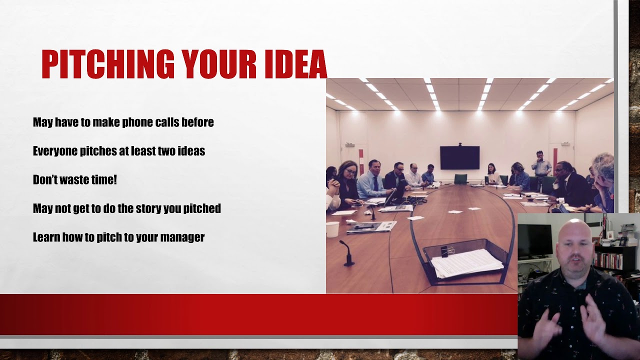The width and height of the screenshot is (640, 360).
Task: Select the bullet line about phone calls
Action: click(x=123, y=122)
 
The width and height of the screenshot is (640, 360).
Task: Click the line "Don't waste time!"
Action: click(x=74, y=180)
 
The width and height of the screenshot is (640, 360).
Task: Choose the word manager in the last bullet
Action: click(x=183, y=237)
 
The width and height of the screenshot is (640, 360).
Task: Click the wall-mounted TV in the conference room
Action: click(x=459, y=158)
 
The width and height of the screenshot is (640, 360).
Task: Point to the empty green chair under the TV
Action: click(x=460, y=178)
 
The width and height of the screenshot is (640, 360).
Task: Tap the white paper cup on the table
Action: click(x=332, y=229)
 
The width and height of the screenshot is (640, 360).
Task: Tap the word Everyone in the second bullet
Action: click(x=55, y=151)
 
